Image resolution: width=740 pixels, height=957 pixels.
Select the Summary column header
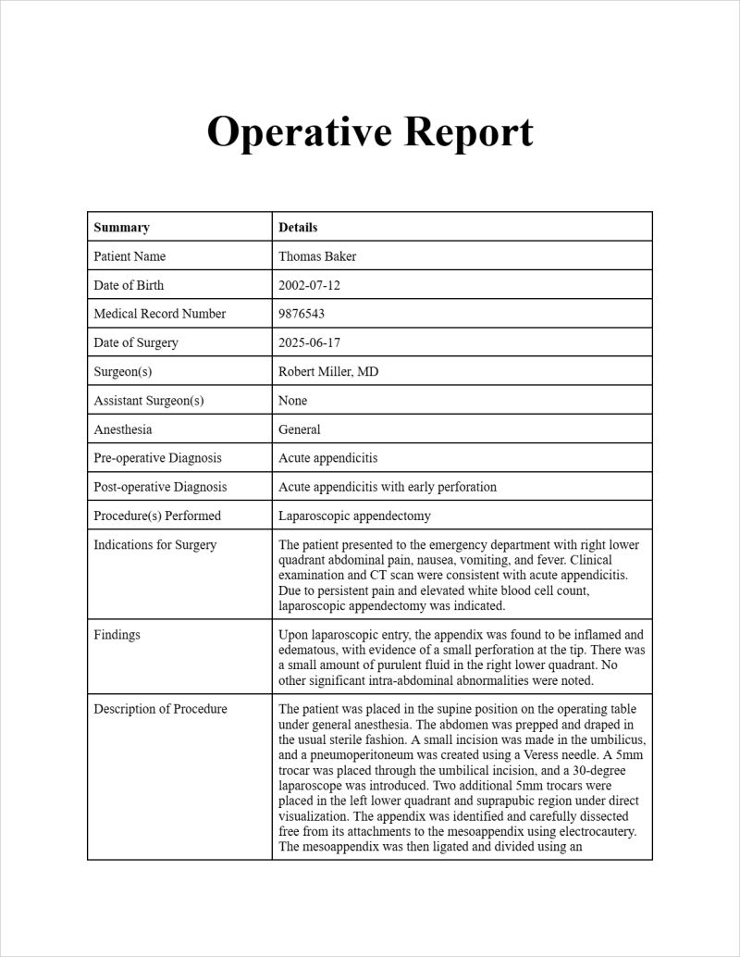pos(121,228)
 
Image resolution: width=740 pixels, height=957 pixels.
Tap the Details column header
pos(298,228)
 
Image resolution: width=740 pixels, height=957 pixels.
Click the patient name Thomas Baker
pos(317,256)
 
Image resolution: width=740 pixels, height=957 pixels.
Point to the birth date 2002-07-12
pos(309,285)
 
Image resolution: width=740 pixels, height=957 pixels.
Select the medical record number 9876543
pos(302,314)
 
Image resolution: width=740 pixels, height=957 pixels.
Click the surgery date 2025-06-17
pos(309,342)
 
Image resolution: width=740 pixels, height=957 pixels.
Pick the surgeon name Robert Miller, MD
pos(328,371)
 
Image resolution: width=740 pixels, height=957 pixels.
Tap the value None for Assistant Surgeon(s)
pos(292,401)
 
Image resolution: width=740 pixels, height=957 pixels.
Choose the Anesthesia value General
pos(300,429)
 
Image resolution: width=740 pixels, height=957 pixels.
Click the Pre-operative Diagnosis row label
pos(157,458)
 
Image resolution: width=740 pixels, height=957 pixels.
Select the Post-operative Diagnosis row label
pos(160,487)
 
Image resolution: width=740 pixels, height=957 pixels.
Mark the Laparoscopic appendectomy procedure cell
pos(354,516)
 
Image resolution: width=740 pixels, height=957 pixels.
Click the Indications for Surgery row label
pos(154,545)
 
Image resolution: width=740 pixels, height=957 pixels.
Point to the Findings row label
pos(117,635)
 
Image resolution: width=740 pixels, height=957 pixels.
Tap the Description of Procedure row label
pos(160,709)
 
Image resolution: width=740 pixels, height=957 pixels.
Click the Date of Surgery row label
pos(136,342)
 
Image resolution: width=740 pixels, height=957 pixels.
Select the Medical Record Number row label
pos(159,314)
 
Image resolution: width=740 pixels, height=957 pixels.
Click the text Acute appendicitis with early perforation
pos(388,487)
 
